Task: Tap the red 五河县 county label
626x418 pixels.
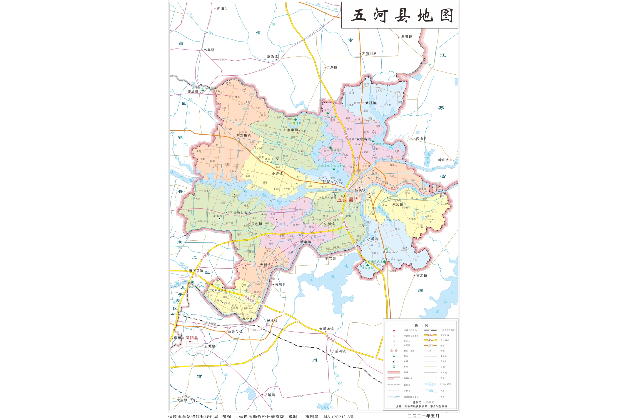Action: [x=345, y=200]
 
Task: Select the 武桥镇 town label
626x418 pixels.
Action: [x=370, y=103]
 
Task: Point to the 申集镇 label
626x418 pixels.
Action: [x=293, y=130]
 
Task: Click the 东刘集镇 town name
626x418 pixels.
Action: [x=243, y=135]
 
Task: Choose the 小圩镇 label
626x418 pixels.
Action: [x=277, y=174]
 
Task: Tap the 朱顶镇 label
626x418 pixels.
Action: [x=398, y=204]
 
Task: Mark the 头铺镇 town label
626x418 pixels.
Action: [x=329, y=224]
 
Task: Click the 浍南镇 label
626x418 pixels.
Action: [x=256, y=224]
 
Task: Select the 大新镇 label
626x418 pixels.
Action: [x=265, y=265]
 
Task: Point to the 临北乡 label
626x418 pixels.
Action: [x=247, y=319]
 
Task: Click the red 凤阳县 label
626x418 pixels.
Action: [x=191, y=338]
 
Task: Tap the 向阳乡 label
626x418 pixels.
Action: [x=222, y=9]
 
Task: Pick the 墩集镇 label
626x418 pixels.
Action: [x=407, y=36]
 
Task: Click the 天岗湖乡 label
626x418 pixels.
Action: [x=419, y=138]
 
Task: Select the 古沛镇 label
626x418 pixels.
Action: [x=422, y=276]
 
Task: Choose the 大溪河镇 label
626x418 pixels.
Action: [x=326, y=329]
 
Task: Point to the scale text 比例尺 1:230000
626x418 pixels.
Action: [x=423, y=402]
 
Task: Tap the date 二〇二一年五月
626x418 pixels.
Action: [x=423, y=416]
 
